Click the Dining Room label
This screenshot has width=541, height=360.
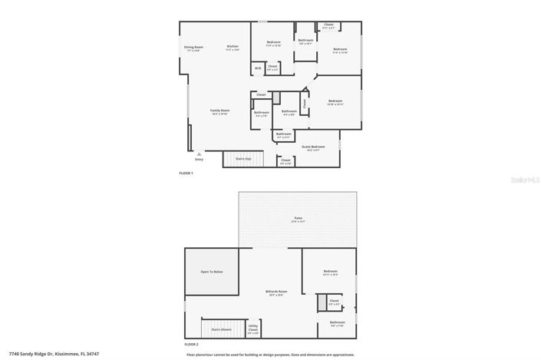click(193, 48)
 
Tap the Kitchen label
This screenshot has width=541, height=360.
click(233, 48)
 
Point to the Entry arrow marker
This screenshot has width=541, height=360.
click(199, 155)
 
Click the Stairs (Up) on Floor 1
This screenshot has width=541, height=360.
click(242, 159)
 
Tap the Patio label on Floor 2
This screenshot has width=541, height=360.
click(298, 220)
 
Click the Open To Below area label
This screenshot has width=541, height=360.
click(212, 272)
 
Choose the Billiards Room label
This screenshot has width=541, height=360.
click(276, 292)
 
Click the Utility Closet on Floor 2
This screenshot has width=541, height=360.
click(253, 329)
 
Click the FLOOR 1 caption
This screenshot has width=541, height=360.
click(186, 173)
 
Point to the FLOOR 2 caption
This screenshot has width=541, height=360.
click(191, 345)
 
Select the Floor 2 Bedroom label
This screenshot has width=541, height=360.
click(331, 272)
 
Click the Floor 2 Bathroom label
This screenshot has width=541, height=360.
click(338, 323)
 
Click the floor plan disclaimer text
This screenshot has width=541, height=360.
click(270, 355)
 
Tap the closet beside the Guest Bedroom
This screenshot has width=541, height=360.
click(285, 161)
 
